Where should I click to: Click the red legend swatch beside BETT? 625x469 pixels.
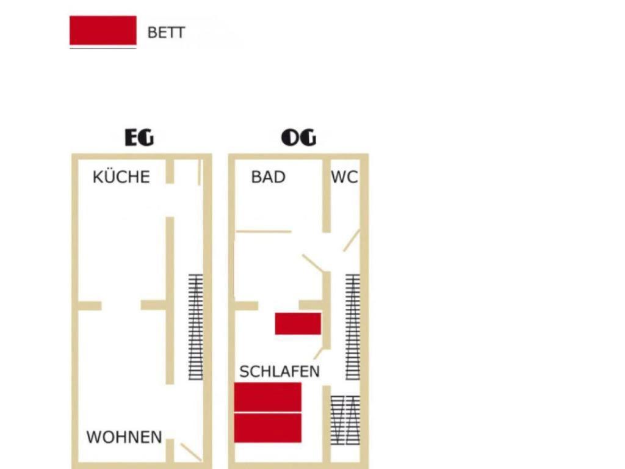(103, 31)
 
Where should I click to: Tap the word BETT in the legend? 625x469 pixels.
(166, 33)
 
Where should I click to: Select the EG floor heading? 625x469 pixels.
(139, 137)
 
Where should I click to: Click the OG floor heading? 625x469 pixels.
(298, 137)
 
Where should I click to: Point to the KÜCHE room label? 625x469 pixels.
(121, 176)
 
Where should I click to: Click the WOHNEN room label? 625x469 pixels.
(125, 437)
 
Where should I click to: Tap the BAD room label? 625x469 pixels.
(269, 177)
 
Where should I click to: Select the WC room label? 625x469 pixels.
(344, 177)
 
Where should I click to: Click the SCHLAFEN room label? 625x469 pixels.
(280, 372)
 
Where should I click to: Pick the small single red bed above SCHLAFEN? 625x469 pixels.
(298, 324)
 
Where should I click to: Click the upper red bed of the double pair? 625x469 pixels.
(267, 397)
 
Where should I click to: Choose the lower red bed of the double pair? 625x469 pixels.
(267, 428)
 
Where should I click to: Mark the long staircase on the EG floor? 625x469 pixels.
(195, 327)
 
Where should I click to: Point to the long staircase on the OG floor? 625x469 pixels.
(353, 327)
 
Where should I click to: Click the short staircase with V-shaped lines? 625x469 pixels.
(345, 420)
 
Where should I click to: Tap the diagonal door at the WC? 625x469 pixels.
(352, 241)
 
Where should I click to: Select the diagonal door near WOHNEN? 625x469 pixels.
(191, 453)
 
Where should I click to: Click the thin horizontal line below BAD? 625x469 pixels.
(264, 231)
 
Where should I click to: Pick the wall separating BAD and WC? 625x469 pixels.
(327, 196)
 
